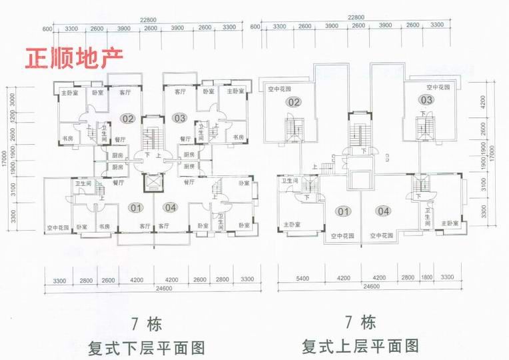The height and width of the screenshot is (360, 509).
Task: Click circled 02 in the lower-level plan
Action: [127, 119]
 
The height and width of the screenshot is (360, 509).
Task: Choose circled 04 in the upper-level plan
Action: [382, 212]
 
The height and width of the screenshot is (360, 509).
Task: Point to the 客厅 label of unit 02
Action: [125, 92]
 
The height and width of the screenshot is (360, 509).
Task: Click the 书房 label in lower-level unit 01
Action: [104, 227]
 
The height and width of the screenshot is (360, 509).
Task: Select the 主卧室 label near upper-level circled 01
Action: [290, 224]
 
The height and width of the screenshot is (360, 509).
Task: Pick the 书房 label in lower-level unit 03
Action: [238, 137]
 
